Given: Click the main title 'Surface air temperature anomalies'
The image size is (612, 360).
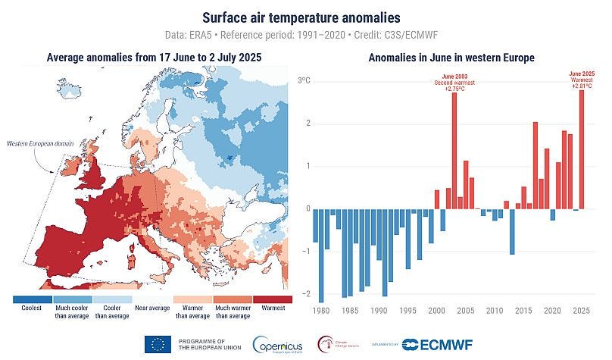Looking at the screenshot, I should pos(306,16).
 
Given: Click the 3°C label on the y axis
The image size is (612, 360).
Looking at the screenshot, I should pos(303,80).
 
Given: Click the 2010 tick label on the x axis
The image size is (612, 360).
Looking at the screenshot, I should pos(495,310).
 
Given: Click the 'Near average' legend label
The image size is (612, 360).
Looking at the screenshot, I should pos(151,308).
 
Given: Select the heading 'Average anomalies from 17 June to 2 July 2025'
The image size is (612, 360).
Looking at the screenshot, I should pos(151,57).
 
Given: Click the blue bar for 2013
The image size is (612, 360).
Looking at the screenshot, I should pos(512,231).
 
